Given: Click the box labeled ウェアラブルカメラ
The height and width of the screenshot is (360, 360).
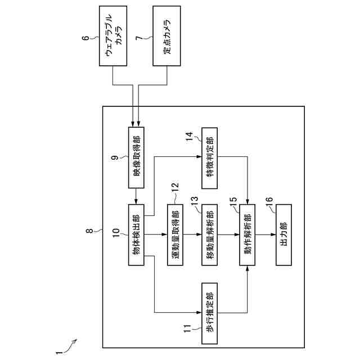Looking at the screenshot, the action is [x=113, y=36].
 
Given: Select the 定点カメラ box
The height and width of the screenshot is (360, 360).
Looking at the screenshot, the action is [x=166, y=36].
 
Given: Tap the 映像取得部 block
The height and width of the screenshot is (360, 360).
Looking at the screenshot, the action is [x=136, y=157].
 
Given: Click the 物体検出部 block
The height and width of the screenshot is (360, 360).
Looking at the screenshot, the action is [x=136, y=235].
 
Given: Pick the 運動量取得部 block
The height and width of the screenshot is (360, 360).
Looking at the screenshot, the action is [x=175, y=235].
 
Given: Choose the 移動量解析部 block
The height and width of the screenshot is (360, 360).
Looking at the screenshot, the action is [x=210, y=235].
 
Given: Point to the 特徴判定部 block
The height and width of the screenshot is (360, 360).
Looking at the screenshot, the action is [x=210, y=158].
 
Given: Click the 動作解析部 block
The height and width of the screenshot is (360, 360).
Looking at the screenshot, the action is [x=247, y=235].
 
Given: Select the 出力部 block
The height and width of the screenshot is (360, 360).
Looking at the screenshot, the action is [x=283, y=235].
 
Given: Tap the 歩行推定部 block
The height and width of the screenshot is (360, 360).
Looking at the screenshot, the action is [x=210, y=313].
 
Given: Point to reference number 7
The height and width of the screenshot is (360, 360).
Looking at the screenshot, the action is [x=139, y=38].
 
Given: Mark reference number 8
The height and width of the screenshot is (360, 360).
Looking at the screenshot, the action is [x=89, y=231].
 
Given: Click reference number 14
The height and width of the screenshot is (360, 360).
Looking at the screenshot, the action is [x=190, y=137].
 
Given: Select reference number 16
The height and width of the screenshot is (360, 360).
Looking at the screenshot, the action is [x=269, y=200].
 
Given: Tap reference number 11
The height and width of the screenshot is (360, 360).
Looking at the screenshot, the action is [x=187, y=328].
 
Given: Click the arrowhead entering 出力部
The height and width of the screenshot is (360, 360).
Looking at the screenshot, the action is [x=273, y=235].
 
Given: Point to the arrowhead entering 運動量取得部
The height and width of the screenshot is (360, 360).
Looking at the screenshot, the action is [x=165, y=235].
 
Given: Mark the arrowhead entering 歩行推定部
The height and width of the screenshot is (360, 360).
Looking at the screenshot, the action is [x=199, y=313].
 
